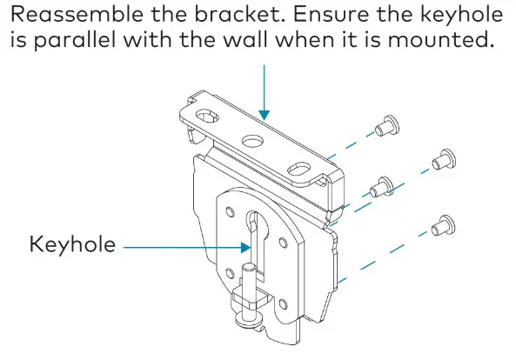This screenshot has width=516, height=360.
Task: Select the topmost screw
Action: pyautogui.click(x=385, y=126)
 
